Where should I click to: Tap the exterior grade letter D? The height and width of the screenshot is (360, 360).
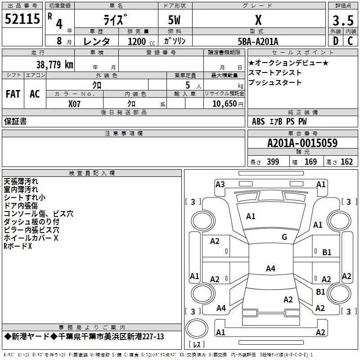click(335, 40)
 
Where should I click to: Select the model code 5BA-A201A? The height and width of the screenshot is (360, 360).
click(258, 41)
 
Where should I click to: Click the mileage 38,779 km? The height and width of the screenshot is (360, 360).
click(54, 64)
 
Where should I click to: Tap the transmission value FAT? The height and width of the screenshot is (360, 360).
click(13, 94)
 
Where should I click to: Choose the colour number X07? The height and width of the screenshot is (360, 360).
click(75, 103)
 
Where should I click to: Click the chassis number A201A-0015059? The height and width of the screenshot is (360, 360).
click(302, 143)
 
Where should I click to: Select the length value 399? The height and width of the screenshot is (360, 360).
click(273, 162)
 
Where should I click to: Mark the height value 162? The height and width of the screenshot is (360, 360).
click(346, 162)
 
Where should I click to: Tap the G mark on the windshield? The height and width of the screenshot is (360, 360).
click(284, 237)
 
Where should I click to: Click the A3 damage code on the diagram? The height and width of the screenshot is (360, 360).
click(220, 184)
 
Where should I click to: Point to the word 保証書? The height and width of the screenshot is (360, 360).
click(15, 121)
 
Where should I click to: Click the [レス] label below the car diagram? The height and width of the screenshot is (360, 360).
click(196, 345)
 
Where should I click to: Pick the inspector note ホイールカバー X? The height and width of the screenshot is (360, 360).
click(31, 238)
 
